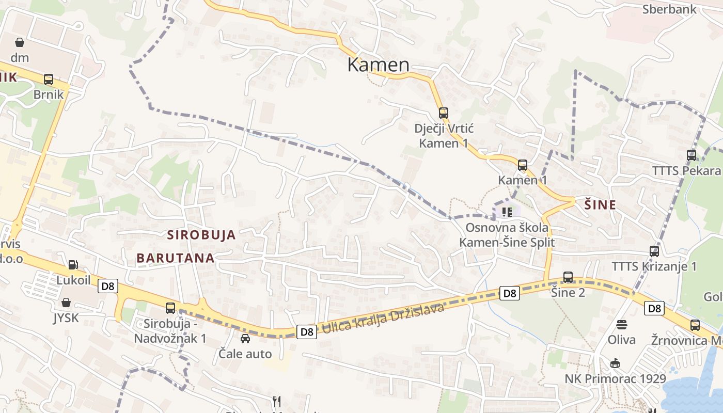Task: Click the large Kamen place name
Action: (378, 65)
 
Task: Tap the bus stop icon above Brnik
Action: (49, 80)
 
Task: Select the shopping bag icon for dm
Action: (20, 42)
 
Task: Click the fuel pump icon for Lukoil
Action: (73, 265)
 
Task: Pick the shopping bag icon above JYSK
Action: (66, 303)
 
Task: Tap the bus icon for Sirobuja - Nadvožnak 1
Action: (170, 308)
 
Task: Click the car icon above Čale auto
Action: (245, 339)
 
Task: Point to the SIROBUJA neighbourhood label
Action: (201, 235)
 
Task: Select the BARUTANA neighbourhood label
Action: (176, 258)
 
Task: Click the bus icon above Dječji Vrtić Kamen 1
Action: (444, 113)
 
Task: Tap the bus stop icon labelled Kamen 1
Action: (523, 165)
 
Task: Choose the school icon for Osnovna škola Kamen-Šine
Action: (507, 211)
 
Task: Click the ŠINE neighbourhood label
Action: (600, 205)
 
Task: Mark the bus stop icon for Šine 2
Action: (568, 277)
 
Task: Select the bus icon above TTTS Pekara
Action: (691, 155)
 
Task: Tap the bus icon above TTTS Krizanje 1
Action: (654, 251)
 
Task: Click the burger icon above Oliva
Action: (622, 325)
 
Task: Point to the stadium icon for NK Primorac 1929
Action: (615, 363)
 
